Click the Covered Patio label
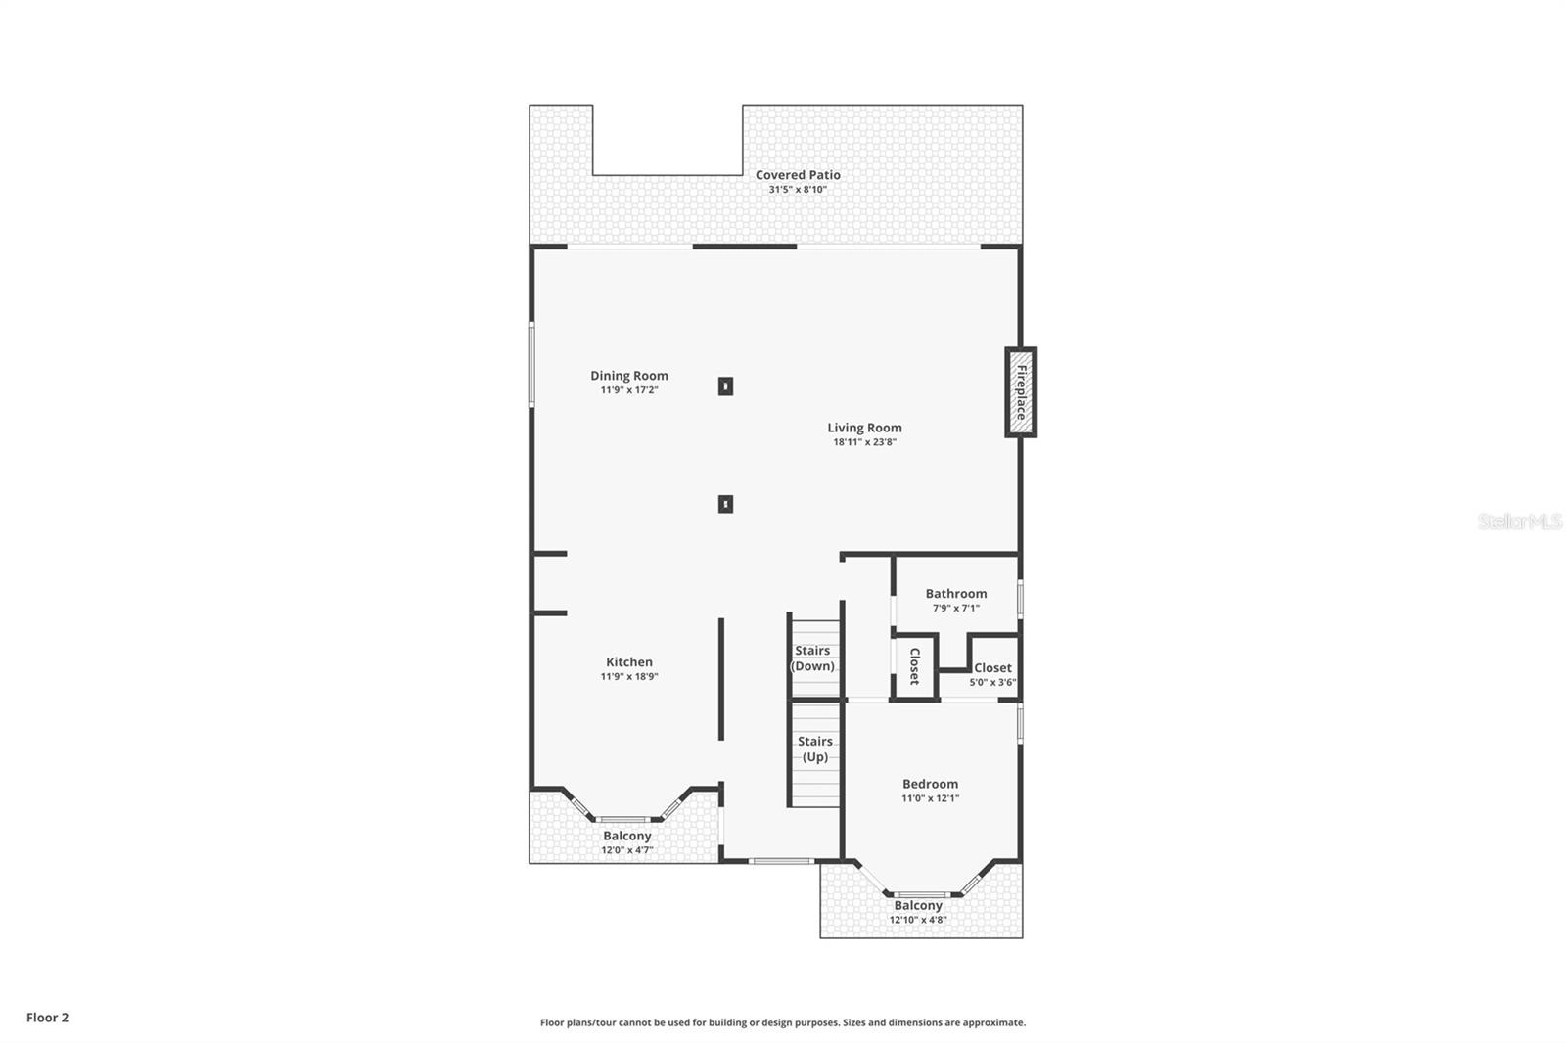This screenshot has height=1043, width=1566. [x=797, y=175]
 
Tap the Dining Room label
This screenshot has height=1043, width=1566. [x=628, y=376]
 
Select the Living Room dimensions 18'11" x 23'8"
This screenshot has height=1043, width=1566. [x=864, y=442]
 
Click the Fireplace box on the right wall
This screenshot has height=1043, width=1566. [x=1020, y=392]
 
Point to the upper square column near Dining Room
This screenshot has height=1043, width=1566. [x=725, y=386]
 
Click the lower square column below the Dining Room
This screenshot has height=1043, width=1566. [x=725, y=504]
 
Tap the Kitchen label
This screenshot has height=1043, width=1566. [x=628, y=662]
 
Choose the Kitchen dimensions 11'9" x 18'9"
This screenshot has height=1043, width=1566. [x=628, y=677]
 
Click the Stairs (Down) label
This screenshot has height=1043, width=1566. [x=812, y=658]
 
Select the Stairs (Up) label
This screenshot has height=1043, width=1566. [x=814, y=749]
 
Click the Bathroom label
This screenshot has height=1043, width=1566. [x=955, y=594]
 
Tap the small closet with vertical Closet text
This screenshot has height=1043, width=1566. [x=914, y=666]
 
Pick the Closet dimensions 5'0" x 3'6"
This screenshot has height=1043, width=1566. [x=991, y=683]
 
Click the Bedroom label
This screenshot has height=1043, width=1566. [x=930, y=784]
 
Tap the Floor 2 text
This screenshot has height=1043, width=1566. [x=47, y=1018]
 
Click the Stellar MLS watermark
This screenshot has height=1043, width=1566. [x=1519, y=521]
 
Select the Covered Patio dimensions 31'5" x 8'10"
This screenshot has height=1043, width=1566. [x=797, y=190]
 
